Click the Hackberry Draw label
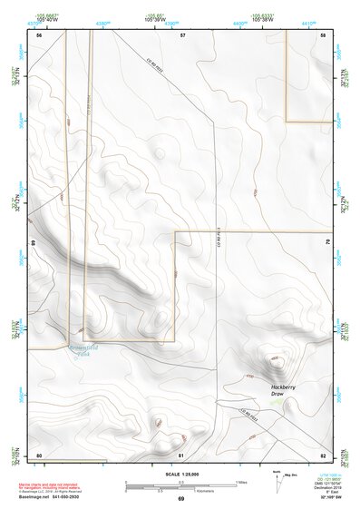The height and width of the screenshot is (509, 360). [x=284, y=391]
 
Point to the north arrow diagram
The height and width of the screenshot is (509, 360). [x=276, y=482]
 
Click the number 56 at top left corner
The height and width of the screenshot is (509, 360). [x=39, y=34]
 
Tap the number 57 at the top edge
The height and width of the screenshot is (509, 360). [x=182, y=34]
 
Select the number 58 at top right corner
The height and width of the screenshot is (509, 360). [x=323, y=34]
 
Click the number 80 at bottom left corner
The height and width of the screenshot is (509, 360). [x=39, y=455]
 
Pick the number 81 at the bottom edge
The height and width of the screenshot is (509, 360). [x=181, y=455]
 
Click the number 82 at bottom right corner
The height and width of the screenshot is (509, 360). [x=323, y=455]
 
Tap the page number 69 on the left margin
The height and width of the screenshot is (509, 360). [x=34, y=243]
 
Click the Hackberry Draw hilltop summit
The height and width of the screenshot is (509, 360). [x=274, y=361]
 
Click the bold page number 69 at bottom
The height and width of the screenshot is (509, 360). [x=180, y=499]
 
